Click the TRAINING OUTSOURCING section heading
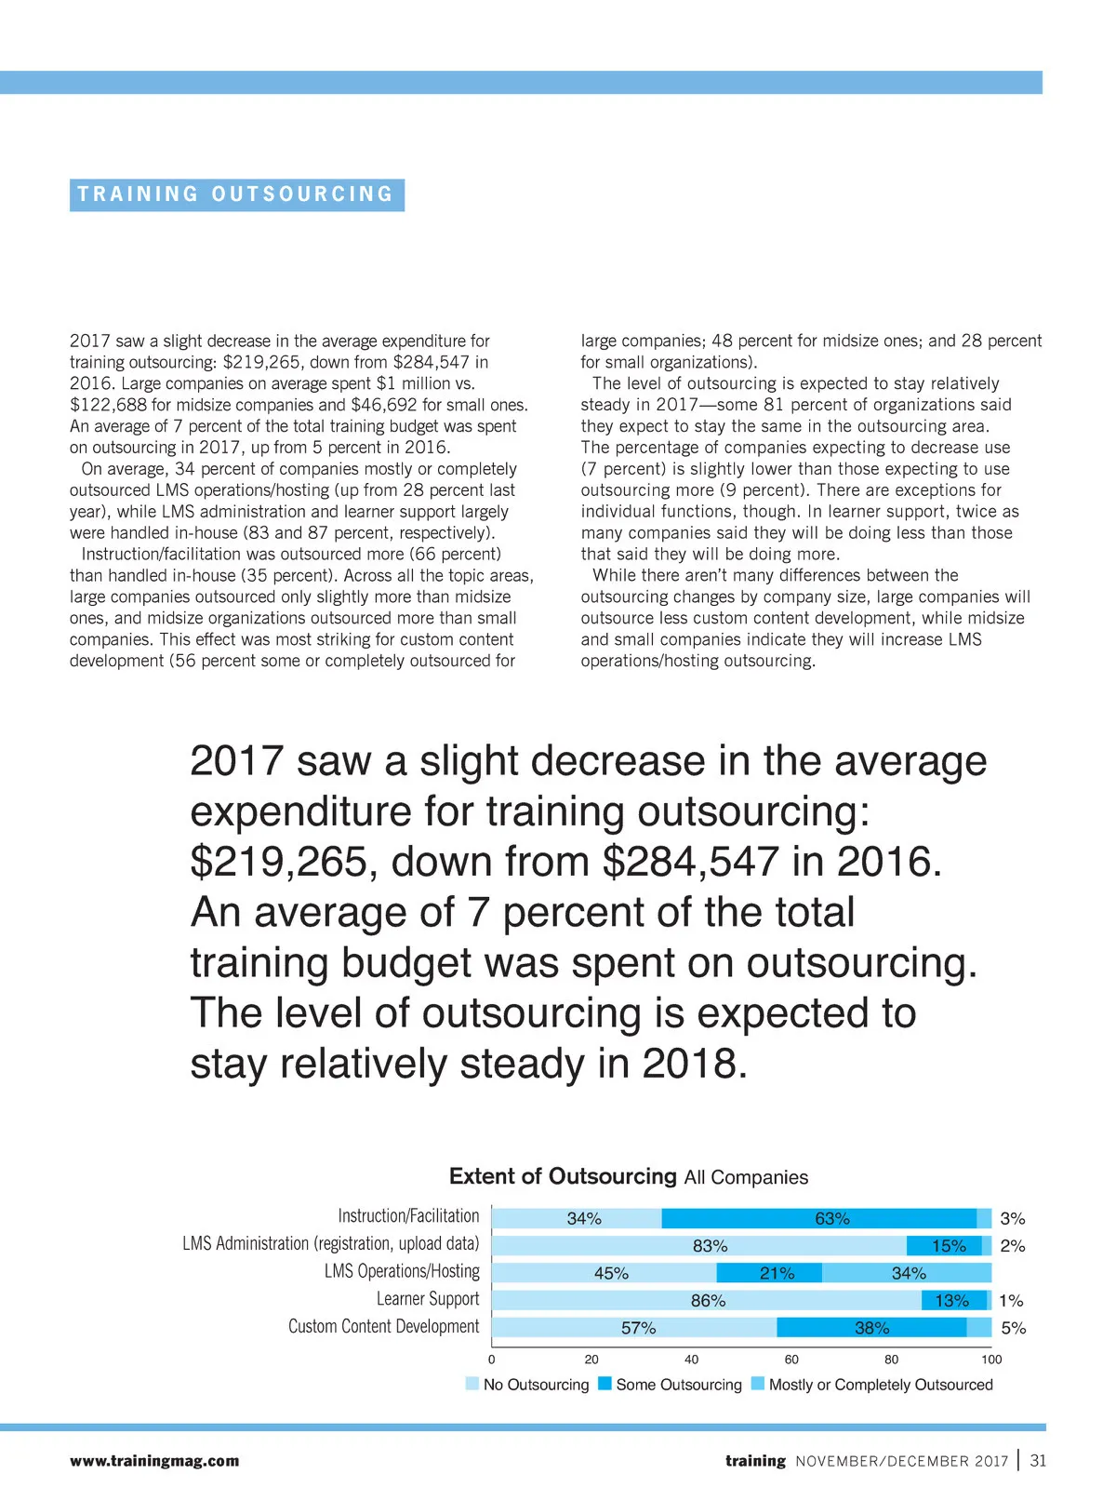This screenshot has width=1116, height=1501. pyautogui.click(x=236, y=194)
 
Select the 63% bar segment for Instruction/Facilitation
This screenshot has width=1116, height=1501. pyautogui.click(x=819, y=1218)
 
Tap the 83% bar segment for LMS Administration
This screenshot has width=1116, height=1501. pyautogui.click(x=699, y=1245)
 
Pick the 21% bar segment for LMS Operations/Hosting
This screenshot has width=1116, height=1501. pyautogui.click(x=770, y=1273)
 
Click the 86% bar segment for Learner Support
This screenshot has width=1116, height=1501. pyautogui.click(x=707, y=1300)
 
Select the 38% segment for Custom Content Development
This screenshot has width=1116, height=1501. pyautogui.click(x=871, y=1328)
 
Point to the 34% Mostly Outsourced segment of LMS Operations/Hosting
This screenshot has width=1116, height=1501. pyautogui.click(x=908, y=1273)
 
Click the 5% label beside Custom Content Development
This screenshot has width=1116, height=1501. pyautogui.click(x=1013, y=1328)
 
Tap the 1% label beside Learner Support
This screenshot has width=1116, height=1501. pyautogui.click(x=1011, y=1300)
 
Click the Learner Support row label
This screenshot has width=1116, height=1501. pyautogui.click(x=428, y=1299)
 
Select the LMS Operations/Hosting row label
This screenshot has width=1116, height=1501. pyautogui.click(x=402, y=1271)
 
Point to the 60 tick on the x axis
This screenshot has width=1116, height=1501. pyautogui.click(x=791, y=1359)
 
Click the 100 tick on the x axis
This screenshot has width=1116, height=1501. pyautogui.click(x=991, y=1359)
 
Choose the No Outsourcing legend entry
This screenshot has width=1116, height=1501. pyautogui.click(x=527, y=1385)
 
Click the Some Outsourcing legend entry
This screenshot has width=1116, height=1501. pyautogui.click(x=670, y=1385)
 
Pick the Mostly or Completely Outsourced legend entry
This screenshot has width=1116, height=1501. pyautogui.click(x=871, y=1385)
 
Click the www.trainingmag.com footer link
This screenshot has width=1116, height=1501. pyautogui.click(x=154, y=1461)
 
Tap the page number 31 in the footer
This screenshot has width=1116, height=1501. pyautogui.click(x=1038, y=1461)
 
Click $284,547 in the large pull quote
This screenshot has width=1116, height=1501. pyautogui.click(x=690, y=862)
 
